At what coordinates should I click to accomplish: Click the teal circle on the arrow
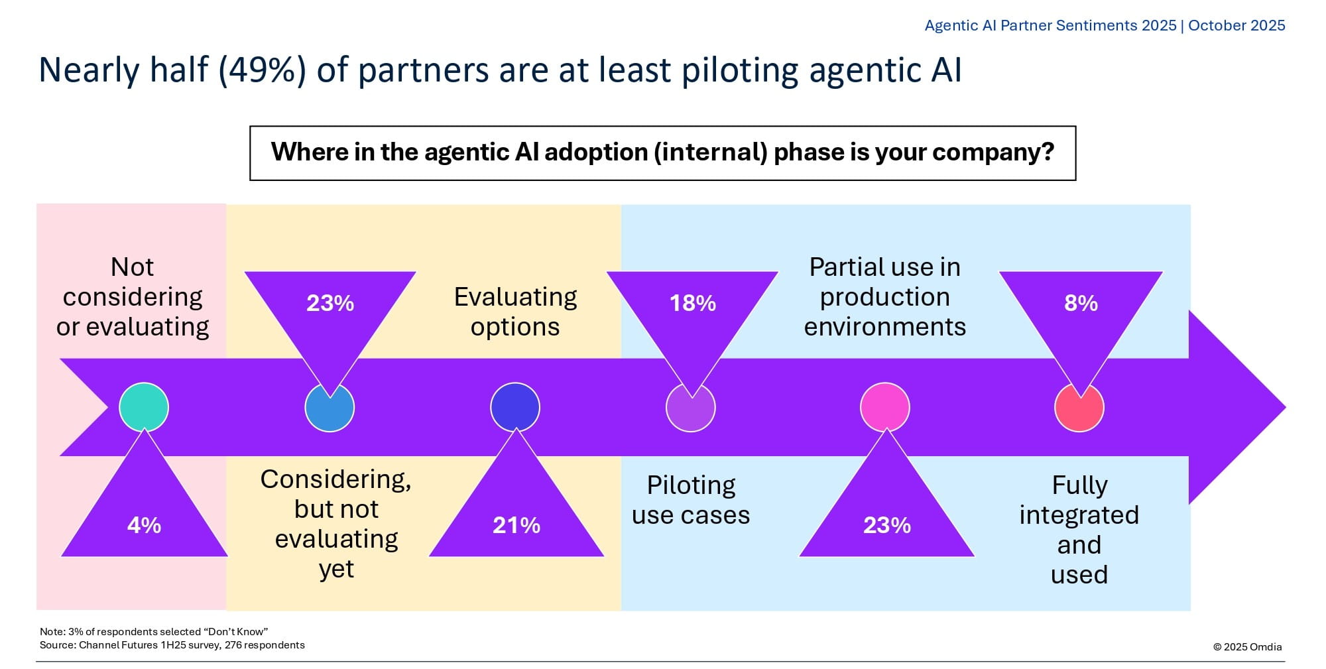point(144,407)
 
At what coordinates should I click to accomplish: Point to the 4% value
point(144,525)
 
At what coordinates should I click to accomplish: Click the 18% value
point(693,303)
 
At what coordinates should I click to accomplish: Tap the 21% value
point(516,525)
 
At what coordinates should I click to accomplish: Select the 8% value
point(1081,303)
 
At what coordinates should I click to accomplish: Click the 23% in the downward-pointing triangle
point(330,303)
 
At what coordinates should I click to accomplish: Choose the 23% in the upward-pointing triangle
point(887,525)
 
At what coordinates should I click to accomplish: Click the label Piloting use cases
point(691,500)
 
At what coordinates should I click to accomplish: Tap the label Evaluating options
point(515,312)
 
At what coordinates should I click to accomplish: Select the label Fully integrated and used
point(1079,530)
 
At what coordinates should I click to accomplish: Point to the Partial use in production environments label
point(885,296)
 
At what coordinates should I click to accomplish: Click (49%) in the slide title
point(263,70)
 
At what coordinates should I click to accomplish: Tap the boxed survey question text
point(662,152)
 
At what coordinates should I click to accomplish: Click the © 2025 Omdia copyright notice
point(1248,646)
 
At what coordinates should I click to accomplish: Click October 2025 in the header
point(1236,25)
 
